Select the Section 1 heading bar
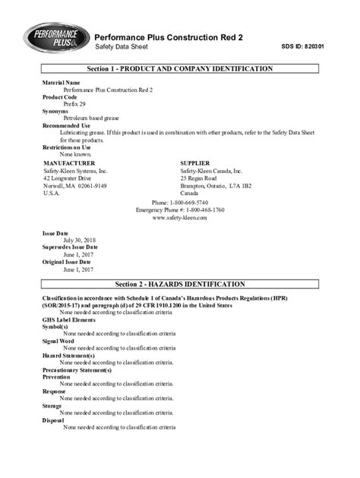(x=180, y=69)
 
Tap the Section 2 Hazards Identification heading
(x=180, y=284)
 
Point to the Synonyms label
(x=55, y=111)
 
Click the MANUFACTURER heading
(x=69, y=163)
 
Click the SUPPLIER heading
(x=200, y=163)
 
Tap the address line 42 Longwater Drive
(x=68, y=178)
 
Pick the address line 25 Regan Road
(x=201, y=178)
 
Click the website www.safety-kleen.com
(x=180, y=217)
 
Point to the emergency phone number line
(x=180, y=209)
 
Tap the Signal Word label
(x=58, y=341)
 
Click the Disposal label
(x=53, y=420)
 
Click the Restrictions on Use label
(x=66, y=146)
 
